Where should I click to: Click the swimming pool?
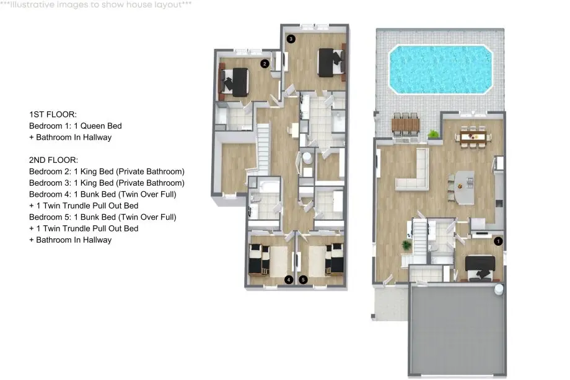[x=441, y=69]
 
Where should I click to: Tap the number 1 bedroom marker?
[x=498, y=241]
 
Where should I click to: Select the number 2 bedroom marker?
[x=265, y=64]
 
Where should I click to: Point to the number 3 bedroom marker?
[x=291, y=39]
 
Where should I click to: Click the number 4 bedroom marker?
[x=289, y=280]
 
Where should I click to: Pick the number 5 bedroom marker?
[x=303, y=280]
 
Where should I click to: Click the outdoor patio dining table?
[x=405, y=125]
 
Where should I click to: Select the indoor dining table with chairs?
[x=473, y=137]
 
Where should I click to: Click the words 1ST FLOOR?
[x=53, y=114]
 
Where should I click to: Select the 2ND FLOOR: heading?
[x=53, y=160]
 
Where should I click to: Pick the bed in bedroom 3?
[x=331, y=63]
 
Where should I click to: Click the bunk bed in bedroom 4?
[x=259, y=259]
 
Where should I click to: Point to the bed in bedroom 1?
[x=480, y=268]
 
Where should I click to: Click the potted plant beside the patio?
[x=433, y=134]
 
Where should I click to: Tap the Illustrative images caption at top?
[x=96, y=5]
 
